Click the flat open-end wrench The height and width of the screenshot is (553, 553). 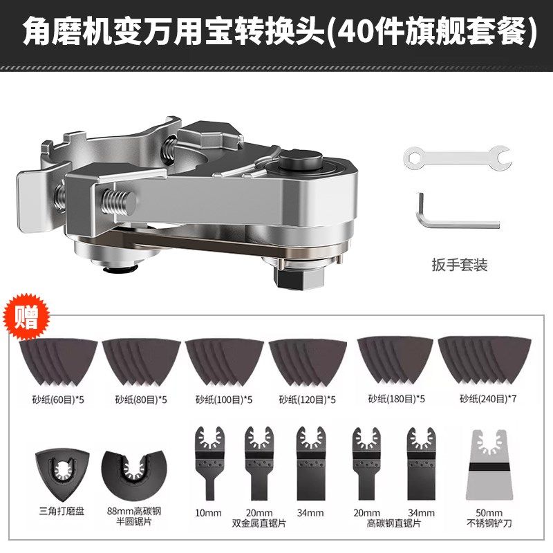click(456, 156)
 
